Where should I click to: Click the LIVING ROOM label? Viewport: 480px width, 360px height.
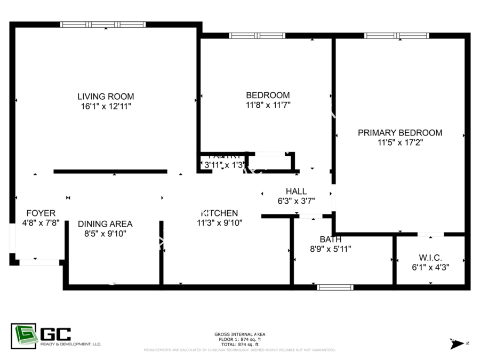[106, 97]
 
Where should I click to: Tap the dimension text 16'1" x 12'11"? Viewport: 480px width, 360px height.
[106, 106]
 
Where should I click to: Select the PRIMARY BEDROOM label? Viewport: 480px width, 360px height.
[399, 133]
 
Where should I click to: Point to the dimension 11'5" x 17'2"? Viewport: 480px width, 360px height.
[399, 142]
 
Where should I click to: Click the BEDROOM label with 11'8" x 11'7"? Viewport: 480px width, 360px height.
[268, 95]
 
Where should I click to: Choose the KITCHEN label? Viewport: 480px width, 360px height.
[220, 213]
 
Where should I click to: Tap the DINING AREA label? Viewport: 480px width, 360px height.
[105, 224]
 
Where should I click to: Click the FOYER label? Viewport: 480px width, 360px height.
[41, 213]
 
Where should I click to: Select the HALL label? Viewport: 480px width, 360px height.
[296, 191]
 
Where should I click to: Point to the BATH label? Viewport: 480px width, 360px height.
[330, 239]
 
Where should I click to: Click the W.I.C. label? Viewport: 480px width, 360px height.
[430, 258]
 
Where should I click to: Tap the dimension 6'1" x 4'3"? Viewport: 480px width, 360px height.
[430, 267]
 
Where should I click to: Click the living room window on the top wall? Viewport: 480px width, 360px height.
[103, 25]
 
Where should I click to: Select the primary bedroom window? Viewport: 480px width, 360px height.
[396, 36]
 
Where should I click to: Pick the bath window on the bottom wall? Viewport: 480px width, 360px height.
[335, 287]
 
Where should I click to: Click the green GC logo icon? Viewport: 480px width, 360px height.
[24, 336]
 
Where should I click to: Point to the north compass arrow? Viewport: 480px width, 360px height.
[457, 343]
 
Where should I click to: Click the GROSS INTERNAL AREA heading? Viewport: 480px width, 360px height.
[239, 334]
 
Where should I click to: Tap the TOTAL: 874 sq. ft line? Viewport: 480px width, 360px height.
[239, 345]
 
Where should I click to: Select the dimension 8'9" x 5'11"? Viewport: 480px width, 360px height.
[330, 249]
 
